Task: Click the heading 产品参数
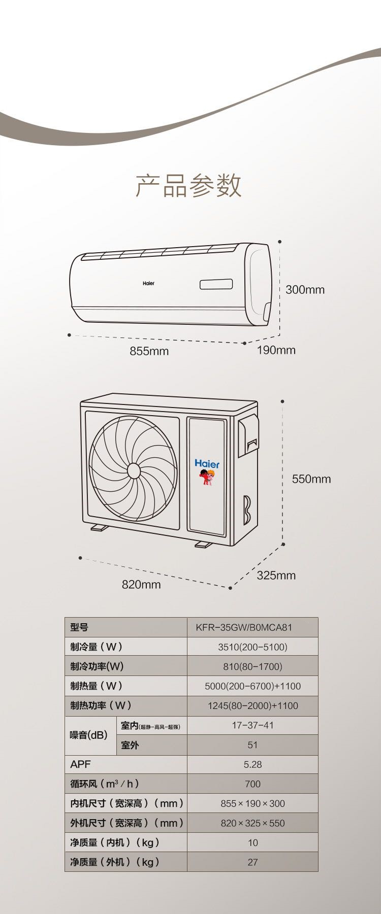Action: click(188, 185)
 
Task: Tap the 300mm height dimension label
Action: click(305, 290)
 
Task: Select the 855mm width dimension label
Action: click(149, 351)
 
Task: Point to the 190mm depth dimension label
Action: click(276, 350)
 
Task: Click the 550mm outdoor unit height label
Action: click(311, 479)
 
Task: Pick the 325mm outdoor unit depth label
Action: click(276, 576)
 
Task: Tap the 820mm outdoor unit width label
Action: click(141, 585)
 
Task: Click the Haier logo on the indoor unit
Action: click(148, 283)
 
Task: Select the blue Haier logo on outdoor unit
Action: click(207, 464)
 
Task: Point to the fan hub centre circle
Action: click(134, 471)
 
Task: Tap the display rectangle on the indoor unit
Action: click(216, 284)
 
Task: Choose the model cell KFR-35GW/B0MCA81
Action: click(244, 627)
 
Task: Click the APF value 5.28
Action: click(252, 764)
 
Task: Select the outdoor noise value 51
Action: click(252, 745)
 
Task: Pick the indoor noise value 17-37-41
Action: click(252, 725)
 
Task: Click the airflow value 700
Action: click(252, 784)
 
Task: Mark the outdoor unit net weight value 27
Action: click(252, 862)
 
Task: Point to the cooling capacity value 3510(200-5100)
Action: click(252, 647)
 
